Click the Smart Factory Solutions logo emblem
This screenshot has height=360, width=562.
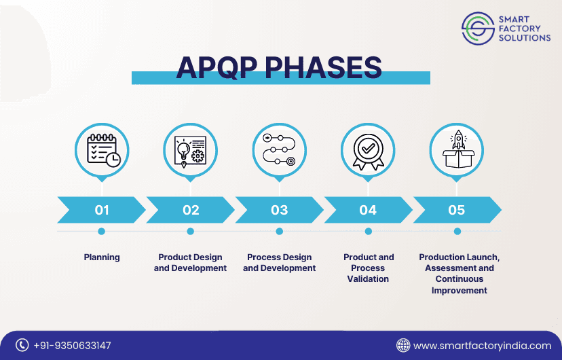[478, 29]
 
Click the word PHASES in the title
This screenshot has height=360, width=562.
[323, 67]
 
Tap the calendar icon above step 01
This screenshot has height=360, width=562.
[104, 151]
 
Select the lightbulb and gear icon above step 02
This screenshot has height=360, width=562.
[190, 151]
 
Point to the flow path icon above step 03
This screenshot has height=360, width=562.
[279, 150]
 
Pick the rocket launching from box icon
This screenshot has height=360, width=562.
[458, 149]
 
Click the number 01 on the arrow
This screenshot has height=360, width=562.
[102, 210]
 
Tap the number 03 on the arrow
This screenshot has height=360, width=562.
[279, 210]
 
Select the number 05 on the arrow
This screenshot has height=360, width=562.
[457, 210]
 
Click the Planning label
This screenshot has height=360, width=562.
[102, 257]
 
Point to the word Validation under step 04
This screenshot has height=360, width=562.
[368, 279]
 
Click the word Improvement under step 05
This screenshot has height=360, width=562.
[459, 291]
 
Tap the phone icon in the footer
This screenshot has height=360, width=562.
[22, 345]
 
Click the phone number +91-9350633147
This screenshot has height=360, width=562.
[73, 346]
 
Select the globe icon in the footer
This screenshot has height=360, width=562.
[403, 345]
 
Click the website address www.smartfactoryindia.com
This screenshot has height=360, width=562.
[483, 346]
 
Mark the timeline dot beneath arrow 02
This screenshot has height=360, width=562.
[190, 231]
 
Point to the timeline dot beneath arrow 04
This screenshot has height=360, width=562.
[368, 231]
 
